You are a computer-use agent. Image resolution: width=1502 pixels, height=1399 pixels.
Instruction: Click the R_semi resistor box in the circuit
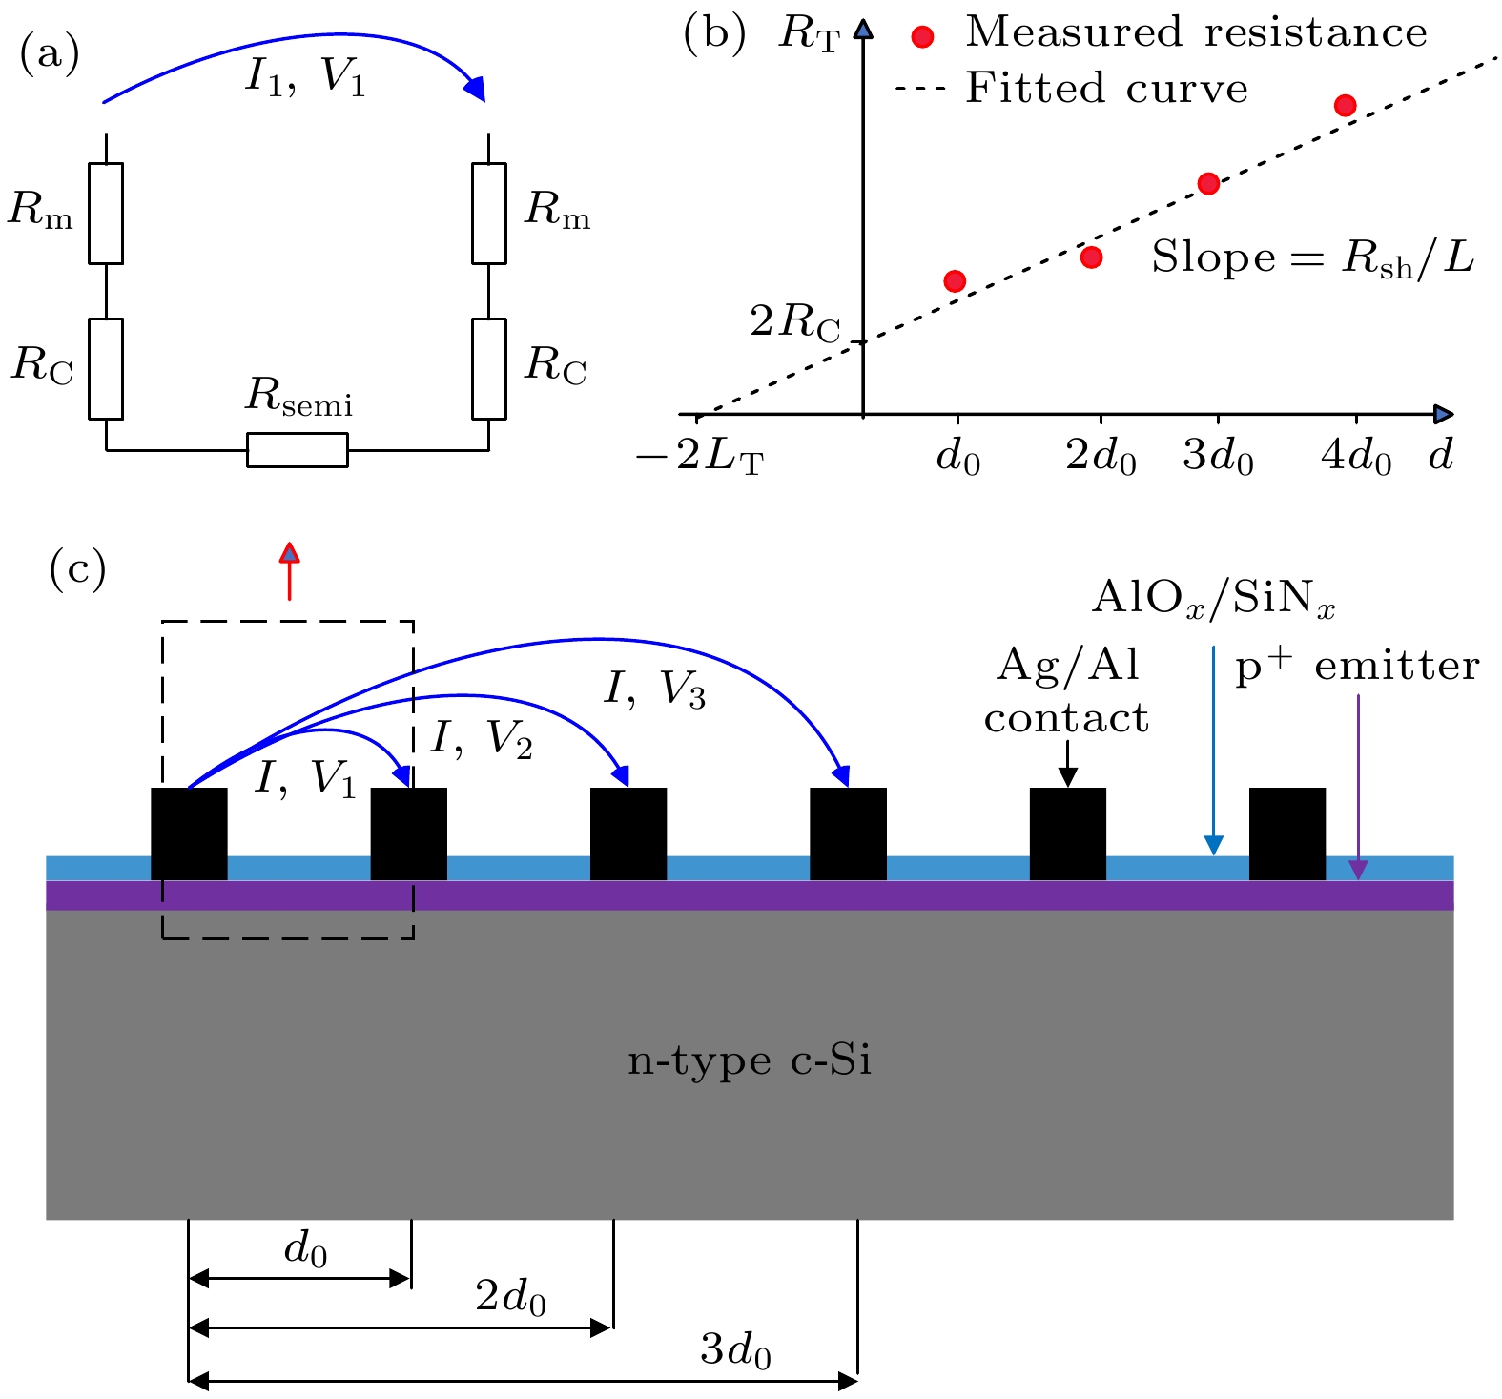(298, 449)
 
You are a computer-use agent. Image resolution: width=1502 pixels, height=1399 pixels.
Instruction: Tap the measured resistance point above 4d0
(1345, 105)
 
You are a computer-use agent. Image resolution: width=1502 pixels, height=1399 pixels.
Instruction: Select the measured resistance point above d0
(955, 280)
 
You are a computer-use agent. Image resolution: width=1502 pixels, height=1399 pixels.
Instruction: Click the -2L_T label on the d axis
(701, 459)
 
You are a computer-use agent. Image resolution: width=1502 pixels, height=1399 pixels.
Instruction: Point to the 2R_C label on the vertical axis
(795, 323)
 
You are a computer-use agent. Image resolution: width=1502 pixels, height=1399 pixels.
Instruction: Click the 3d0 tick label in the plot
(1218, 458)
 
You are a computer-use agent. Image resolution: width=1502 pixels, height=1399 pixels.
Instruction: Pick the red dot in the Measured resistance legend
(922, 36)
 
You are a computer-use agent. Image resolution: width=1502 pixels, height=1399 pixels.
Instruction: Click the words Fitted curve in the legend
(1106, 88)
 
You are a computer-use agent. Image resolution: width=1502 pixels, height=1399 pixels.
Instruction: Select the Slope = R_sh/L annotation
(1313, 257)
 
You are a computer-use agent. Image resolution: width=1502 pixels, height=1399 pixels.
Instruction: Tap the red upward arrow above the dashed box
(289, 571)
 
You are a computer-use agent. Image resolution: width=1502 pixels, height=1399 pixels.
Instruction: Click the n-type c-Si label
(750, 1060)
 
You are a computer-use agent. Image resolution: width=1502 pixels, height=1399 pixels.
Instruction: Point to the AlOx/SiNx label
(1213, 598)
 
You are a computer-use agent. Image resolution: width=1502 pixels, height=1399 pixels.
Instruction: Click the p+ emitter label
(1357, 665)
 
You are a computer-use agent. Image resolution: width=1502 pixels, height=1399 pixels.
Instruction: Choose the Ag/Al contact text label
(1067, 691)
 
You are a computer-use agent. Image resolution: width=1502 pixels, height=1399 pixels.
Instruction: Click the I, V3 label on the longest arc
(654, 689)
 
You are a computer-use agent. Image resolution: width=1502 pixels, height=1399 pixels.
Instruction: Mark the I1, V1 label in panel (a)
(305, 76)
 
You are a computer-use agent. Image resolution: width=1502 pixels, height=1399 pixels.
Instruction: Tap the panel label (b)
(714, 34)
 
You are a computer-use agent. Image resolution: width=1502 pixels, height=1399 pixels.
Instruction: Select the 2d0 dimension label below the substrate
(511, 1298)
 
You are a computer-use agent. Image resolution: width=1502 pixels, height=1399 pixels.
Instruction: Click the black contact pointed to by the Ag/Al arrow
(1068, 833)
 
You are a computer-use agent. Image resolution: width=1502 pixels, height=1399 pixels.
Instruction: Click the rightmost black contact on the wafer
(1287, 833)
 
